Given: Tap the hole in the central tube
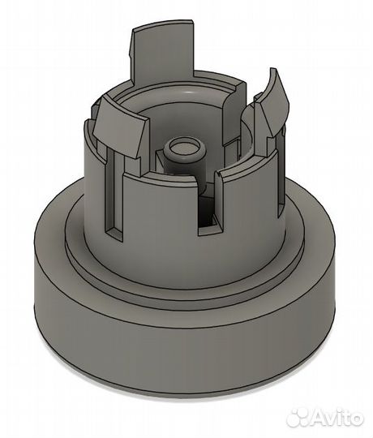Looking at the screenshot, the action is pos(184,146).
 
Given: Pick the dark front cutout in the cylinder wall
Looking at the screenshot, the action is pos(209,213).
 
